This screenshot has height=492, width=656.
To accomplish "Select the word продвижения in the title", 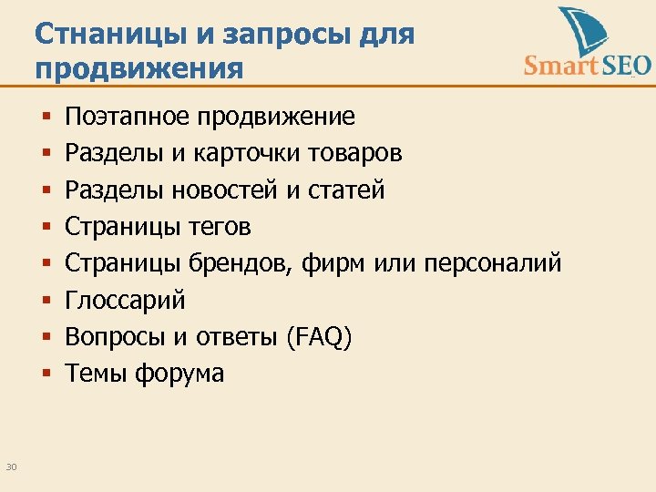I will click(x=139, y=69).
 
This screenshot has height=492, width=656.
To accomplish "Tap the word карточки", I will click(x=241, y=153).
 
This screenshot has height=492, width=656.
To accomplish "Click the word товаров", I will click(x=352, y=153).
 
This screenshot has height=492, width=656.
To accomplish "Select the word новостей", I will click(x=237, y=190).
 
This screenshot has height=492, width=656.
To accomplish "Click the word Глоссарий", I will click(x=125, y=300).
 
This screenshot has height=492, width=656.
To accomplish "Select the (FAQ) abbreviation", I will click(x=318, y=337).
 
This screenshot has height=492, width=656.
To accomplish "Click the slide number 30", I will click(x=11, y=467).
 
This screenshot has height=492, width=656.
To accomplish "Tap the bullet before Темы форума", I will click(x=45, y=374).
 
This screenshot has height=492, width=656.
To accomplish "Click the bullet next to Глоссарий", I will click(x=45, y=300).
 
